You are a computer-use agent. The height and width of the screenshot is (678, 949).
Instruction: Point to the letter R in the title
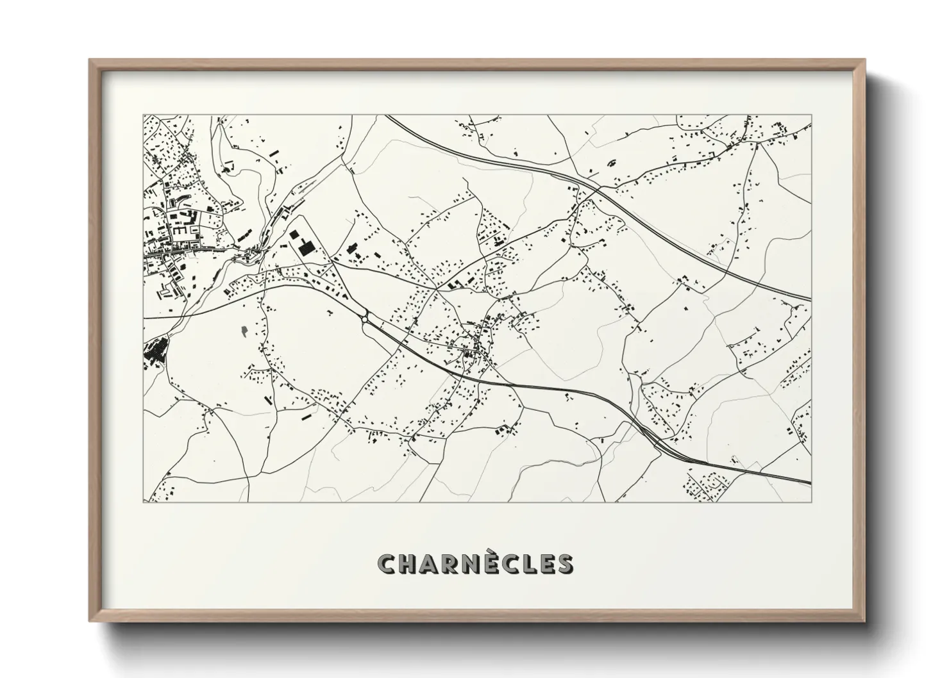(449, 564)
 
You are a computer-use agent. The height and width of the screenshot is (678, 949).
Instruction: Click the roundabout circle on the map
(365, 318)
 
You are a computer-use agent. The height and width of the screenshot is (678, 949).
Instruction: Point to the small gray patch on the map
(244, 331)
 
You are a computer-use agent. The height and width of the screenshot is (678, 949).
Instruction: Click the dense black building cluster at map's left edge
(154, 352)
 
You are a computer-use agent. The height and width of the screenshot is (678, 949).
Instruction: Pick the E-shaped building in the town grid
(181, 228)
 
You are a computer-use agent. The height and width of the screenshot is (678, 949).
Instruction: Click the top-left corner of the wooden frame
(90, 60)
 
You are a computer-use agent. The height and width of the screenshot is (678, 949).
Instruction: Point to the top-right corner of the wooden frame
(864, 60)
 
